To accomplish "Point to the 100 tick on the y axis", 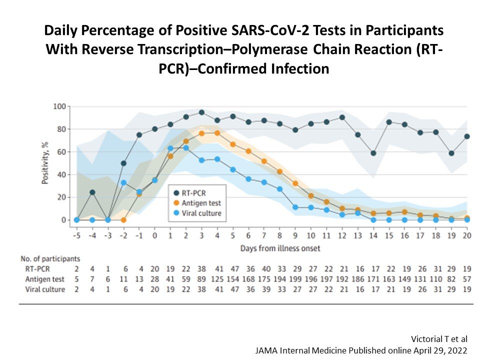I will [59, 106].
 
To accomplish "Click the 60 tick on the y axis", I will [61, 151].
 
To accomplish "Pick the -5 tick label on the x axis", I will [76, 235].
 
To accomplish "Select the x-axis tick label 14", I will [373, 235].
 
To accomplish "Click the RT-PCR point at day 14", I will [373, 153].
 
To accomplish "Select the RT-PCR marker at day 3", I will [201, 112].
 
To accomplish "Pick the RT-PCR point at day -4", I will [92, 192].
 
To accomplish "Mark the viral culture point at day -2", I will [123, 182].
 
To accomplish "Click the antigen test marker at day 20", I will [466, 218].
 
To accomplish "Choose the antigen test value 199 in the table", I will [295, 278].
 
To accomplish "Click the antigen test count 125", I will [217, 278].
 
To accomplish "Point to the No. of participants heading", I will [50, 259].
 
